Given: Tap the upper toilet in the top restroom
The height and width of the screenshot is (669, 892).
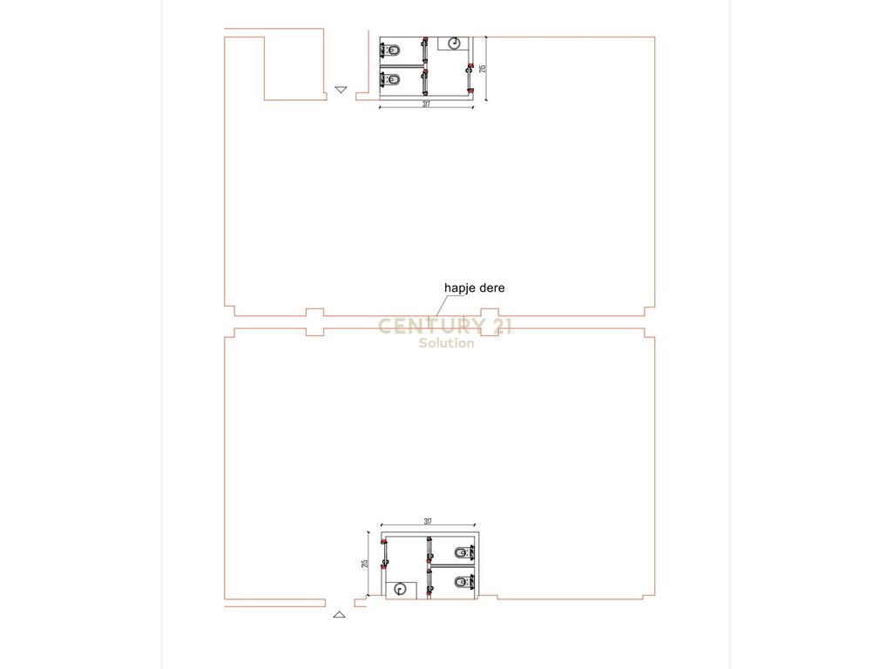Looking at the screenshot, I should [393, 49].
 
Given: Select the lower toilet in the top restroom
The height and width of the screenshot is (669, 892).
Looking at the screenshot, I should [393, 80].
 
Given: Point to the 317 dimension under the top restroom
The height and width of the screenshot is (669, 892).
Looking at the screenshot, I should [426, 105].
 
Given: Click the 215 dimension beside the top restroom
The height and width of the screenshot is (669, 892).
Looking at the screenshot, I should [481, 68].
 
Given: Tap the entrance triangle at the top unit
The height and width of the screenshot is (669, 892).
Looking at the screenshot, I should [341, 90].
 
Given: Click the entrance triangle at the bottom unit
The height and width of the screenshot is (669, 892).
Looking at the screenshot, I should [340, 614].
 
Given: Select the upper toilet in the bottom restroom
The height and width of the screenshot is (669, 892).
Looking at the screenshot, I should [461, 551].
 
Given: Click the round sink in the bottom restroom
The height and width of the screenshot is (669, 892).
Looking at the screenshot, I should [401, 589].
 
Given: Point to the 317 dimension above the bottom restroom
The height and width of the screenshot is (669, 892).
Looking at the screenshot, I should [428, 522].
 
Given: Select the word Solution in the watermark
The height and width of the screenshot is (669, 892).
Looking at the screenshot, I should [446, 343].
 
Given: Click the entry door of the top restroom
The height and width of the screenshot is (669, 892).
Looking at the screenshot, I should [470, 78].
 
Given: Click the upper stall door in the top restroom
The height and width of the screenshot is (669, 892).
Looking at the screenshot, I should [424, 51].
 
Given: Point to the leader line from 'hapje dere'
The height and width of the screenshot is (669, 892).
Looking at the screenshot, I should [442, 304].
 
